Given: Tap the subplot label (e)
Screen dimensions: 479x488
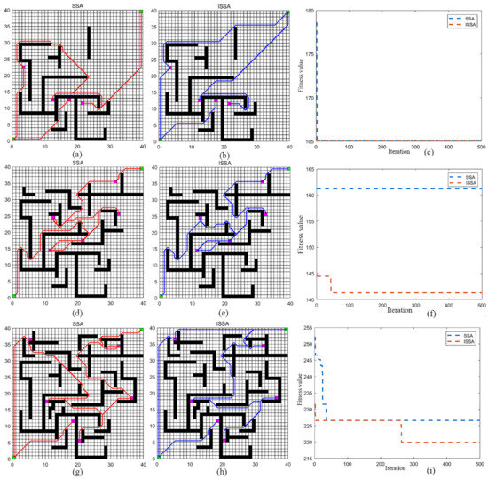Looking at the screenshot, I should (x=224, y=308).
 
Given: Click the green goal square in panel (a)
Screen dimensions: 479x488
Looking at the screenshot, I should (x=141, y=12).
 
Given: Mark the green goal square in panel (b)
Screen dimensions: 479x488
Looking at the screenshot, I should (x=287, y=12).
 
